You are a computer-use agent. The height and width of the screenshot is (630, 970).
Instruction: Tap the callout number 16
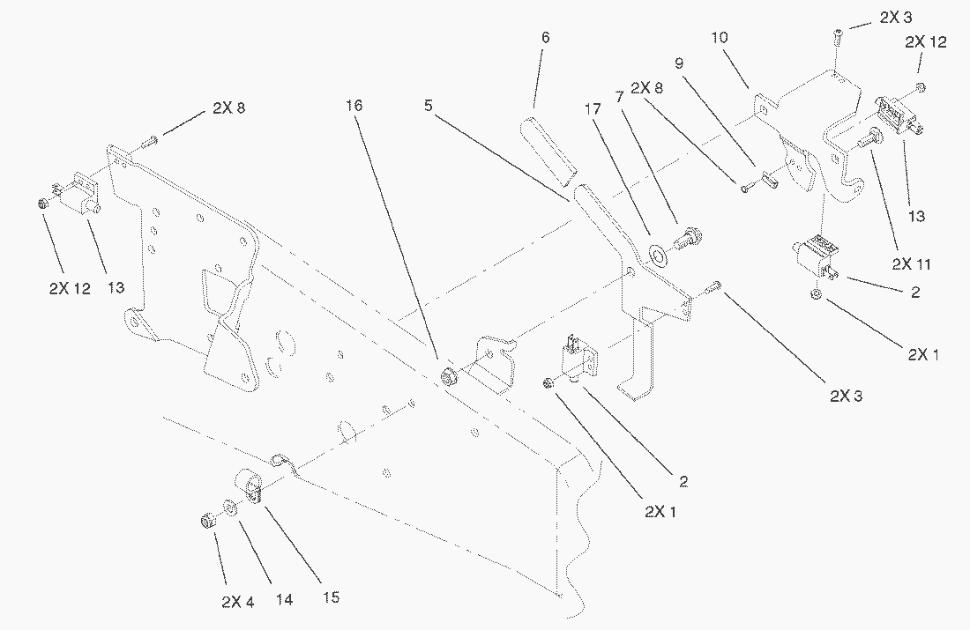[354, 106]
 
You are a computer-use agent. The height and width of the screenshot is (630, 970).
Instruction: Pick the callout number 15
[329, 597]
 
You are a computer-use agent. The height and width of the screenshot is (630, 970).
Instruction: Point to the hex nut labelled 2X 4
[209, 521]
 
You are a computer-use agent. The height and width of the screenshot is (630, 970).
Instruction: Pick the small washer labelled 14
[228, 509]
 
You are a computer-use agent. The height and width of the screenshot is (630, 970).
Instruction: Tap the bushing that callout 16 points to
[448, 377]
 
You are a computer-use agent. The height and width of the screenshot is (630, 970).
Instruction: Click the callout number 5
[428, 106]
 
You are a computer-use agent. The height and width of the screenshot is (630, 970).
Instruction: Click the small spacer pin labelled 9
[766, 179]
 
